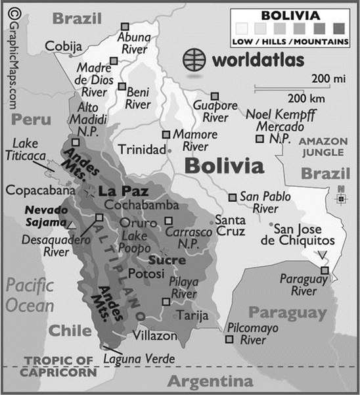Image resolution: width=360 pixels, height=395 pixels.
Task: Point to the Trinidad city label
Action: [142, 150]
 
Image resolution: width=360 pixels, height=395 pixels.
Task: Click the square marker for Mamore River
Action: [166, 133]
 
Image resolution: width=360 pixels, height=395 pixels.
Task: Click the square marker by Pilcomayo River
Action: [229, 339]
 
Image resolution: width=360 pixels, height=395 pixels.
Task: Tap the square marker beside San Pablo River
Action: [233, 197]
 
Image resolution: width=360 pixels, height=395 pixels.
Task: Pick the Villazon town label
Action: [155, 336]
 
